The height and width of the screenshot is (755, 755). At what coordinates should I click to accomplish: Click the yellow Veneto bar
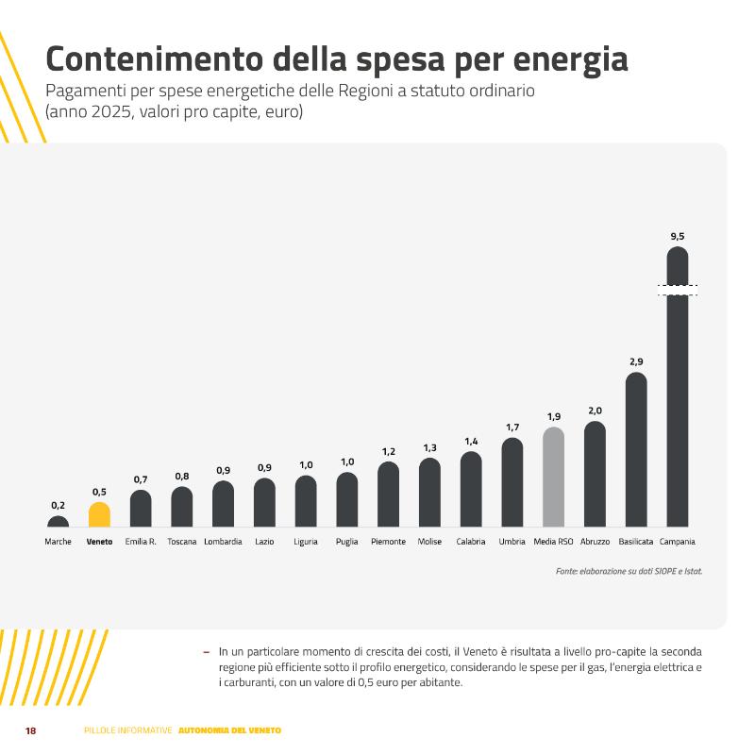99,514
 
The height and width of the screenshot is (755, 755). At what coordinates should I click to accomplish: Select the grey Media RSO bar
553,477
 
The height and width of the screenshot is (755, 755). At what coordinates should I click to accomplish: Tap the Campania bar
677,387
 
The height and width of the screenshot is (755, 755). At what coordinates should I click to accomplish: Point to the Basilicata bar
636,449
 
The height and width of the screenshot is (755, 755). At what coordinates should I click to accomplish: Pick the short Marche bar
58,522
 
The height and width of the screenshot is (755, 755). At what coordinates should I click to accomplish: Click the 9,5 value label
677,237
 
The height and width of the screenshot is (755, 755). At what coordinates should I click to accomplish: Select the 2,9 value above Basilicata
636,361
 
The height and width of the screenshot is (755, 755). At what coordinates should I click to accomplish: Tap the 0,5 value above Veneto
99,492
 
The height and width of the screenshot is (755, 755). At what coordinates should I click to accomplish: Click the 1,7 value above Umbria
512,428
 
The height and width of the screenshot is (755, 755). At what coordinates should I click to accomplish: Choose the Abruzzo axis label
595,542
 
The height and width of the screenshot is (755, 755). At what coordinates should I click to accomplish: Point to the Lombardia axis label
223,542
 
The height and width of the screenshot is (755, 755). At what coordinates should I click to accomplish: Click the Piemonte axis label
388,542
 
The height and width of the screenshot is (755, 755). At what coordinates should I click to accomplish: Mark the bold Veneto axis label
99,542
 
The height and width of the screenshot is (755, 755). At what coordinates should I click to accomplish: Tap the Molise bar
429,492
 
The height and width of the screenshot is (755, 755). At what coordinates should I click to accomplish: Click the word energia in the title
570,60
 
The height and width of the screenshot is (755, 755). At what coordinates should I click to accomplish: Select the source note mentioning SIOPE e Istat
629,572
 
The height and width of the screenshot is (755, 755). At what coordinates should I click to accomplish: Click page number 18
30,730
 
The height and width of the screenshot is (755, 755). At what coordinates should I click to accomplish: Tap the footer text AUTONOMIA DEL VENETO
229,730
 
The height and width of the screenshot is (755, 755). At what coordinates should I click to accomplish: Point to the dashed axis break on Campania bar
678,290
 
